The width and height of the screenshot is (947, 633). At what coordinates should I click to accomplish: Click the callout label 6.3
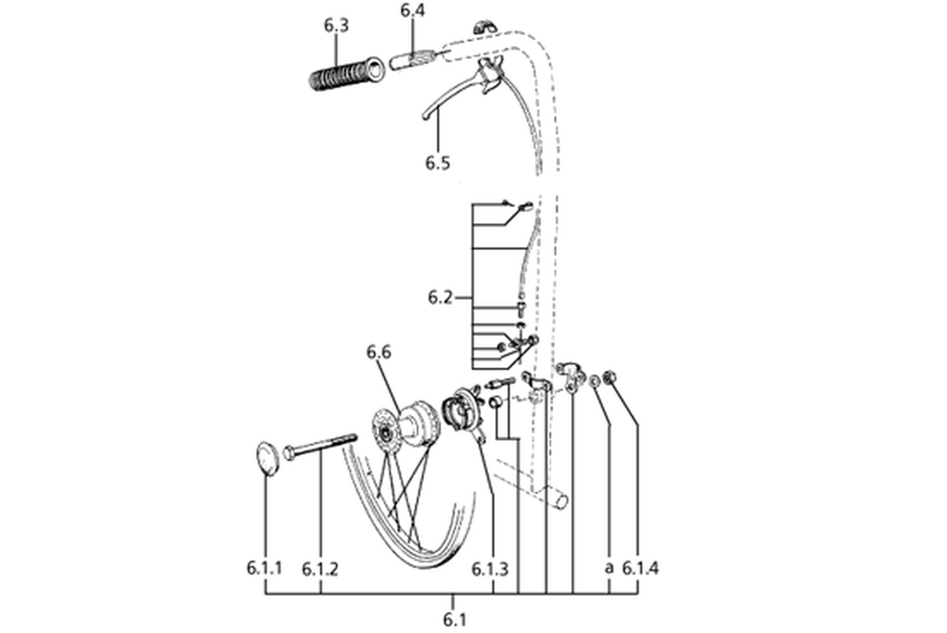click(x=336, y=25)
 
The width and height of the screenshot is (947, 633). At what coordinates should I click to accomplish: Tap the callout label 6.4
click(x=412, y=10)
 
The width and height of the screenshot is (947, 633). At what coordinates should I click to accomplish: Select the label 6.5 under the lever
click(x=437, y=163)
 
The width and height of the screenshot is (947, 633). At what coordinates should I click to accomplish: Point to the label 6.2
click(x=440, y=297)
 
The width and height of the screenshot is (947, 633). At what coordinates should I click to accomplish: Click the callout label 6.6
click(x=379, y=352)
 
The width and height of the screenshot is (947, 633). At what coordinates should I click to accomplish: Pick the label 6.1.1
click(x=264, y=568)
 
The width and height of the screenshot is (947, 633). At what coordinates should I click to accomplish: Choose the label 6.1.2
click(x=320, y=568)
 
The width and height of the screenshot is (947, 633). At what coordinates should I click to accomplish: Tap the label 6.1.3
click(x=490, y=568)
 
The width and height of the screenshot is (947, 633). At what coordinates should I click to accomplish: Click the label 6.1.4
click(x=641, y=568)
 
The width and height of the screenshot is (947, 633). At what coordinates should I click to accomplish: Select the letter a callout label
click(x=609, y=568)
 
